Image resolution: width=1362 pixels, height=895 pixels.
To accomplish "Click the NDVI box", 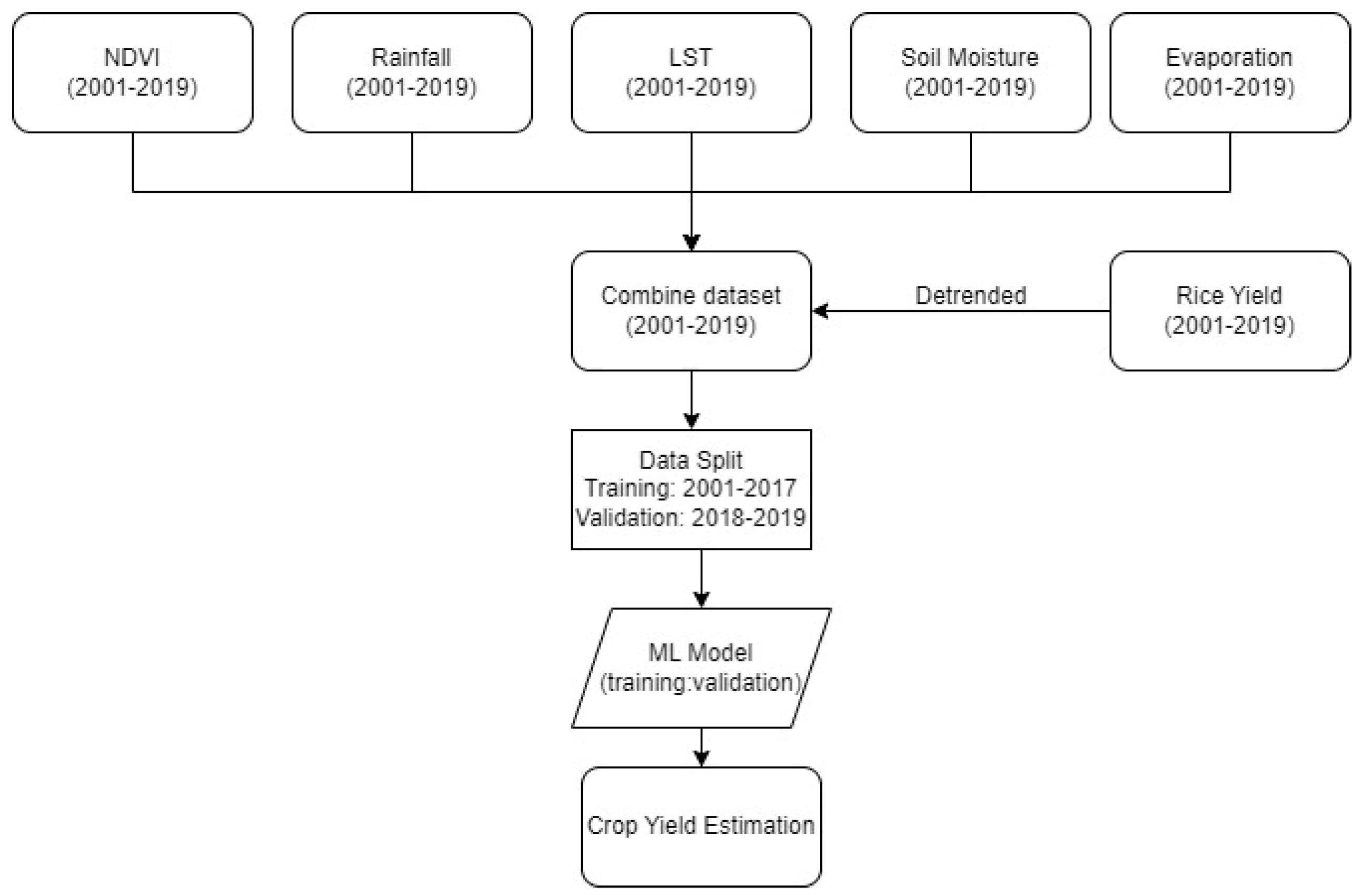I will [132, 73].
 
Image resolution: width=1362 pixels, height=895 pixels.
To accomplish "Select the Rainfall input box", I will [412, 73].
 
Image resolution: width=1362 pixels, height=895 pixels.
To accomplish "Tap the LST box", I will [691, 73].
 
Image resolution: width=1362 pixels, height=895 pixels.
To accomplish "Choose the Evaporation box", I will [1229, 73].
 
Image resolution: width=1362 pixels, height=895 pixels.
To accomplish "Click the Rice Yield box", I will [1229, 311].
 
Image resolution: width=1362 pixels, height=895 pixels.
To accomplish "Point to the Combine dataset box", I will [691, 311].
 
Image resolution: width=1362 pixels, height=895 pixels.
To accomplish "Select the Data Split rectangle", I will [691, 489].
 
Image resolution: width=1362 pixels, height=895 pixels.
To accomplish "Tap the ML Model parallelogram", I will [701, 667].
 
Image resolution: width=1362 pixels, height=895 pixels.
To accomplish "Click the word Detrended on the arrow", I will [971, 296].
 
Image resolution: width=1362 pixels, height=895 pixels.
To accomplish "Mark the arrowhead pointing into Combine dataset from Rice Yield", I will [820, 311].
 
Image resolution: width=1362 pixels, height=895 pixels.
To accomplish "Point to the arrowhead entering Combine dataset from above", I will [691, 243].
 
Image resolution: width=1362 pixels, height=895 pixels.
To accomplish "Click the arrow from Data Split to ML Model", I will [702, 578].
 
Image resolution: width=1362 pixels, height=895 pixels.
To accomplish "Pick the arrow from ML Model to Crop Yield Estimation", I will [702, 746].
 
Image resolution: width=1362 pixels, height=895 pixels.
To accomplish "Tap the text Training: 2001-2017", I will [691, 488].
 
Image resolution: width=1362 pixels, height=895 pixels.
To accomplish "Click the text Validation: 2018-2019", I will [691, 518].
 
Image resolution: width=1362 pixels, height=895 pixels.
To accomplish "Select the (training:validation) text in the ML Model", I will [699, 683].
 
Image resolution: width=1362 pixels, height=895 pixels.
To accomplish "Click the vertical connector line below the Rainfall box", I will [412, 162].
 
